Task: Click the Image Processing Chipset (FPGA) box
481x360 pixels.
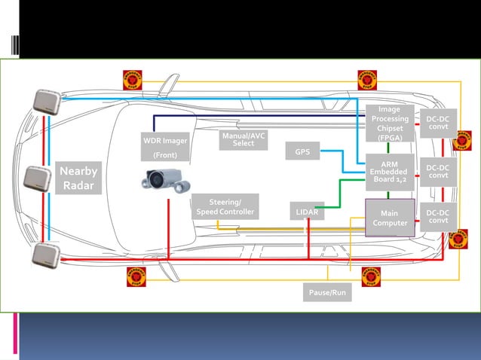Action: coord(390,124)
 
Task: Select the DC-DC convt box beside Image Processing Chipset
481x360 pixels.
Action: coord(438,124)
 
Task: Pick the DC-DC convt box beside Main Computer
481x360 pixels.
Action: coord(438,217)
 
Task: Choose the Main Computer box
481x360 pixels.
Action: coord(390,218)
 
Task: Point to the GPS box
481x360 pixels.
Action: coord(302,152)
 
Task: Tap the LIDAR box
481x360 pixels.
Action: coord(307,213)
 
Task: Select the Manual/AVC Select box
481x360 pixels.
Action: coord(244,139)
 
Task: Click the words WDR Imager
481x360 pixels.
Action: coord(165,141)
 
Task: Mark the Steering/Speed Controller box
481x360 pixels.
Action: coord(225,207)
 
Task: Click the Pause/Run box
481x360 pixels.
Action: coord(326,291)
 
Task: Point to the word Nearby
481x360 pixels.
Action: coord(78,172)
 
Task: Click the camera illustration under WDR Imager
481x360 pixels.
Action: coord(165,181)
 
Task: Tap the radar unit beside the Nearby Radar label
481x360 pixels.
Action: coord(38,178)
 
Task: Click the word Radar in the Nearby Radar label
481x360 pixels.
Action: coord(78,186)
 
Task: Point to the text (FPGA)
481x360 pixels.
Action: coord(390,137)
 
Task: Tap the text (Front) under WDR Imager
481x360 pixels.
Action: coord(165,156)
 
